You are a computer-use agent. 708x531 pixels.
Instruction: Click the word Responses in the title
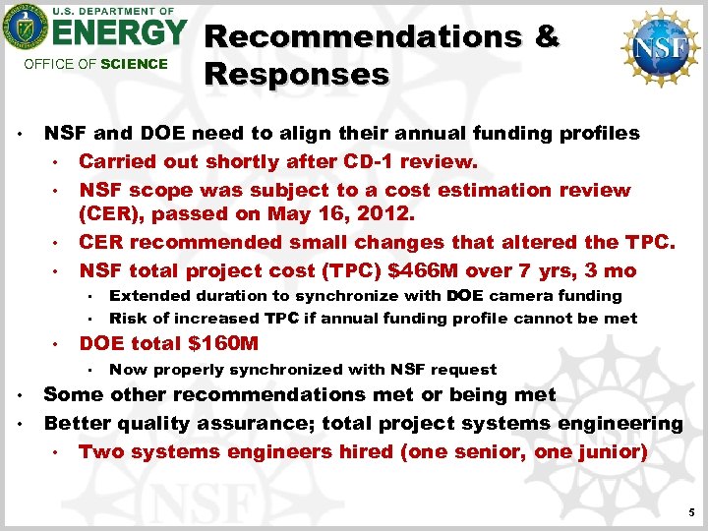tap(296, 75)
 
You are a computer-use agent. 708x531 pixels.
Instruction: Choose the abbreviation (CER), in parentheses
tap(115, 214)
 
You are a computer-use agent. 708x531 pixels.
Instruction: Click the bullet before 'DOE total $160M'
tap(58, 344)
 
